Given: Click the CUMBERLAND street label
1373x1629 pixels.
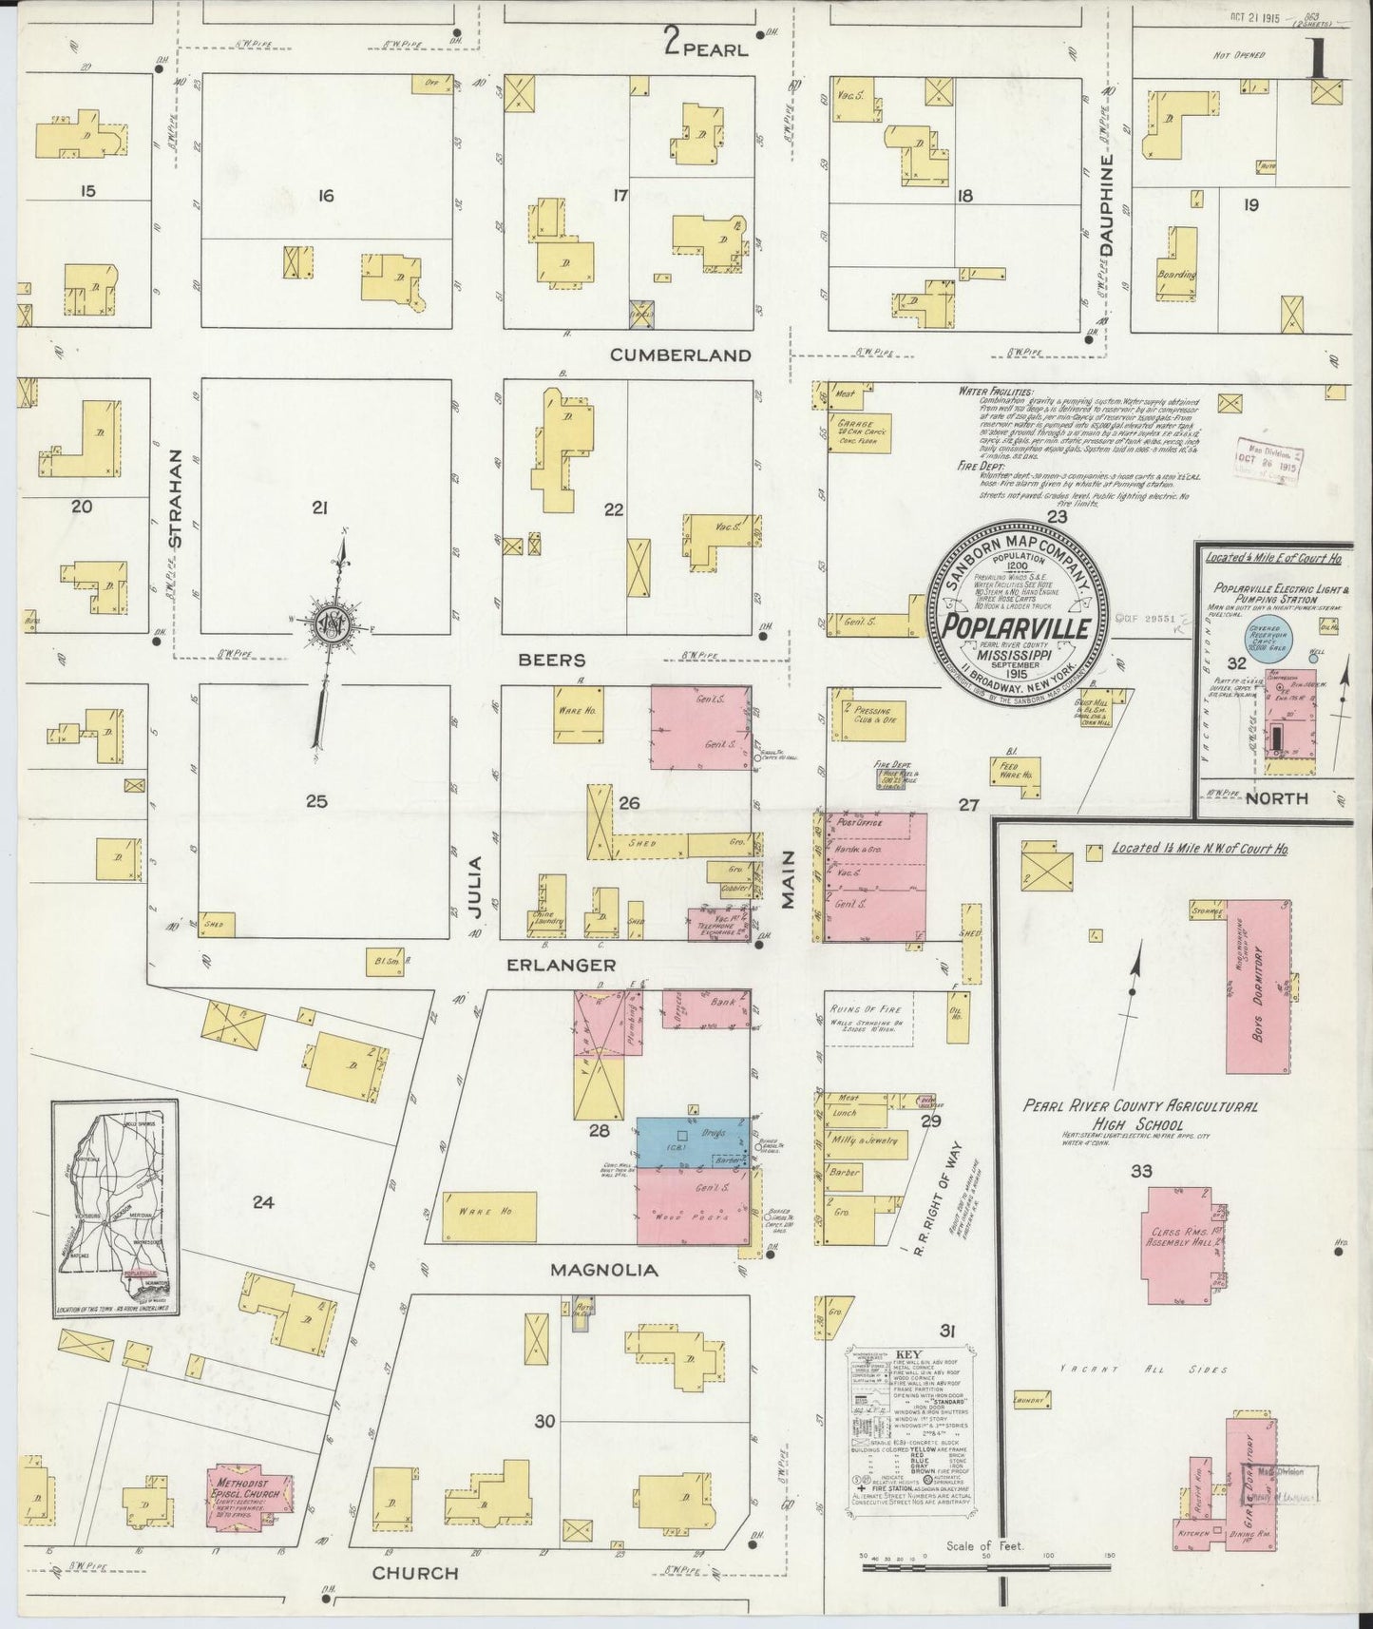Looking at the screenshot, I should click(680, 355).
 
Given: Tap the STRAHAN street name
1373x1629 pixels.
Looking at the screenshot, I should click(173, 498).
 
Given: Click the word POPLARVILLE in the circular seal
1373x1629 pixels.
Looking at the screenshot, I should click(1015, 628).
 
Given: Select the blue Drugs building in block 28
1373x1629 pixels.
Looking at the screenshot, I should click(692, 1142).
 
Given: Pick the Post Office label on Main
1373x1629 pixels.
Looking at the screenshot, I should click(860, 823).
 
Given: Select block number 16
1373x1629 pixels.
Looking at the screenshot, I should click(326, 196).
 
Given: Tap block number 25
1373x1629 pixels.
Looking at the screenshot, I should click(316, 802).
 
